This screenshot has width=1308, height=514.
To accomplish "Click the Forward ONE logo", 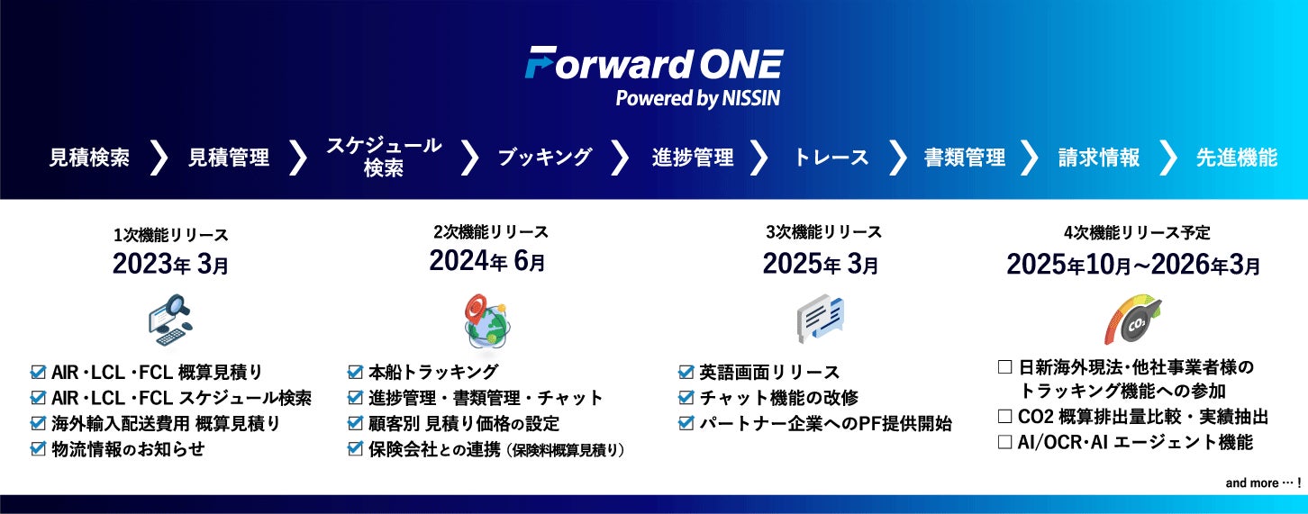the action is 654,63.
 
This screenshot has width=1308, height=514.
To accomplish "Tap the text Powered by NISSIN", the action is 698,98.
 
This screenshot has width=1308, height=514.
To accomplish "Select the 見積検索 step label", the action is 89,158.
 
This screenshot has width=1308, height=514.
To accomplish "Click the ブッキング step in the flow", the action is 544,158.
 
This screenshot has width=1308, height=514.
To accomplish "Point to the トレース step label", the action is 831,158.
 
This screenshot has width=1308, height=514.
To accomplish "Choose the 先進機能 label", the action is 1237,158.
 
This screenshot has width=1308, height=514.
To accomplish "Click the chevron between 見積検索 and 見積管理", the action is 159,158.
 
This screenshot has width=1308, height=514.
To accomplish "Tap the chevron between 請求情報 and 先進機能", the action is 1167,158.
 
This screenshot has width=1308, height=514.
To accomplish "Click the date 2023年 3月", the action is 170,265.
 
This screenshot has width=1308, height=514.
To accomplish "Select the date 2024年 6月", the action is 487,261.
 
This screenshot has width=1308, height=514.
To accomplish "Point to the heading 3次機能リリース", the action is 823,232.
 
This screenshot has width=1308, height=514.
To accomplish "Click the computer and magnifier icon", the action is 170,320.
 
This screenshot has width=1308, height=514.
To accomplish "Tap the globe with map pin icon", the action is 487,322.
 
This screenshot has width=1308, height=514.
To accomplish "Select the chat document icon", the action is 821,319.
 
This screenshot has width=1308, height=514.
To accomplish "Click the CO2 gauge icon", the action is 1133,320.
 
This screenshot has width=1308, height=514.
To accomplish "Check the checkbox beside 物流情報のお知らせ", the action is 38,448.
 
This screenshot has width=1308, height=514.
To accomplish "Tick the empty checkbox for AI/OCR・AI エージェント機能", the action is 1005,442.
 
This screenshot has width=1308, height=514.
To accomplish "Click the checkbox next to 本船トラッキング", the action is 355,372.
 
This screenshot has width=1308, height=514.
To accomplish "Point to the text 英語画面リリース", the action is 769,373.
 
